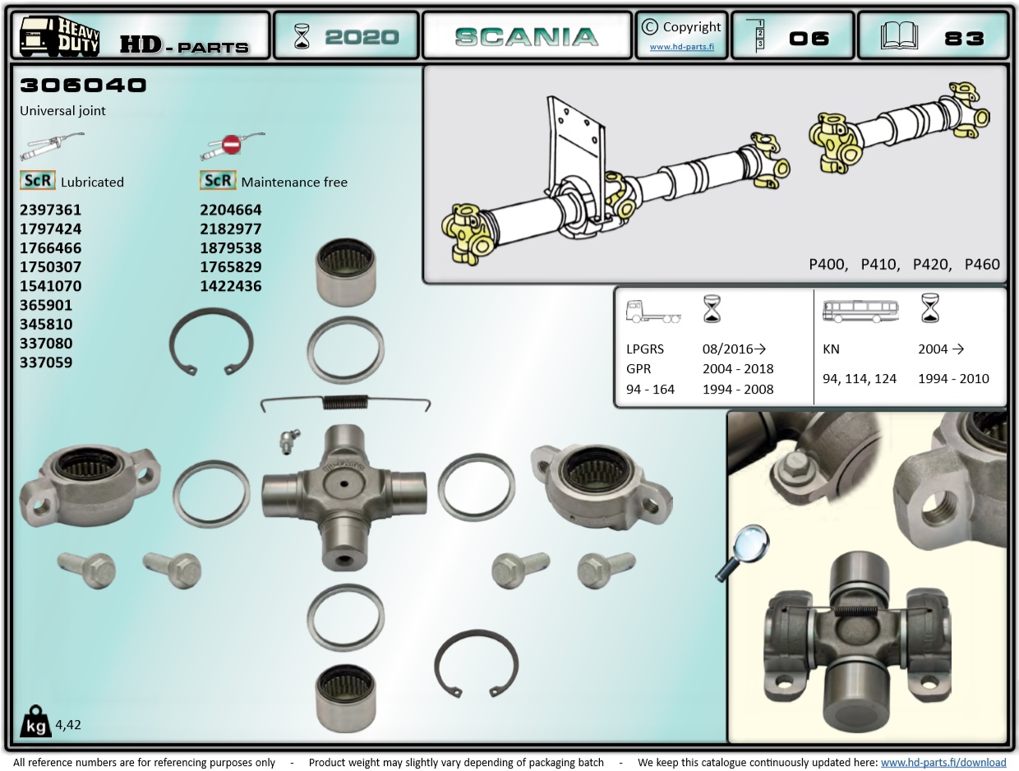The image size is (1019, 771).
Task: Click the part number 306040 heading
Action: click(83, 85)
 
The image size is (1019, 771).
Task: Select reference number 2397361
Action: click(50, 210)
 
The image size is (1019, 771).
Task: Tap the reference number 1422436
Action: click(231, 286)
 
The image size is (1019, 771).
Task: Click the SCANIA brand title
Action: click(526, 37)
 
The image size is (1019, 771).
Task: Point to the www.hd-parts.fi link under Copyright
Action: click(681, 47)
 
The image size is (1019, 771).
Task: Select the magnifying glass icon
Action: click(743, 551)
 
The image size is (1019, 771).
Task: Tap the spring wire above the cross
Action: click(345, 402)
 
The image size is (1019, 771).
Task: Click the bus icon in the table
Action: click(860, 312)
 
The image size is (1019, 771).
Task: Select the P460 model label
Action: click(982, 264)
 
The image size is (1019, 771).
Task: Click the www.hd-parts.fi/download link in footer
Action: click(943, 762)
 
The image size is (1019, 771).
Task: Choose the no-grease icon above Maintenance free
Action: click(231, 145)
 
